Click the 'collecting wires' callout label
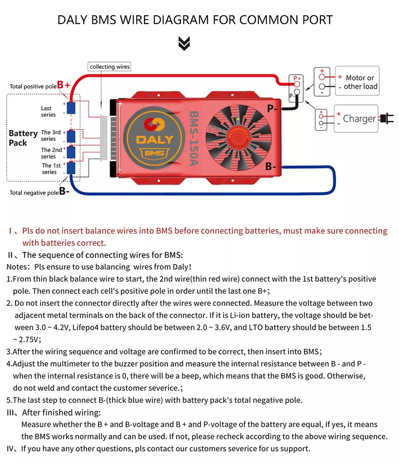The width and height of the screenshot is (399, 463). point(110,67)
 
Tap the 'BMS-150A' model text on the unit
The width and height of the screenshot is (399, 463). point(194,138)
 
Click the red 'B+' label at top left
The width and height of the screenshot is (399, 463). point(64,85)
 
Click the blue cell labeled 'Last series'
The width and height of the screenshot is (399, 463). point(71,108)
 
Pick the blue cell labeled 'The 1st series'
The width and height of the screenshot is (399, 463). point(71,168)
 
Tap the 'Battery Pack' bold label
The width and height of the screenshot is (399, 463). point(23,138)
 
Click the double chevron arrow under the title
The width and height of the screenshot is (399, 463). point(184,43)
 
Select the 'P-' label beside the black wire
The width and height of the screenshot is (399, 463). point(272,109)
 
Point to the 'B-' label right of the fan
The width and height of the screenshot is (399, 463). point(271,167)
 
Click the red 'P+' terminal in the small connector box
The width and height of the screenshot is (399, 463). point(297,84)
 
